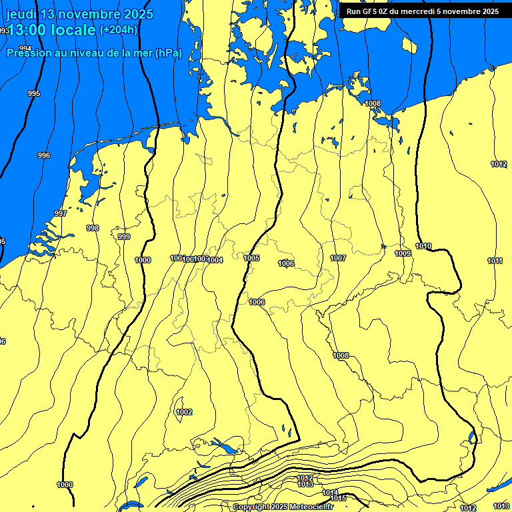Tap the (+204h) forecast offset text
119,29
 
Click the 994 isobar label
25,49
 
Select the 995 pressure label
34,93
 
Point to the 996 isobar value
44,155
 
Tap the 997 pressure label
61,213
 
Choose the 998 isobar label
93,228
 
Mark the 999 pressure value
124,237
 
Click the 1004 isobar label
215,260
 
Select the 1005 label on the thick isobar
251,258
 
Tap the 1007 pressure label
338,258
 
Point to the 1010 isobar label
423,246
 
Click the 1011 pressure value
495,261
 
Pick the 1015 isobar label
338,498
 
